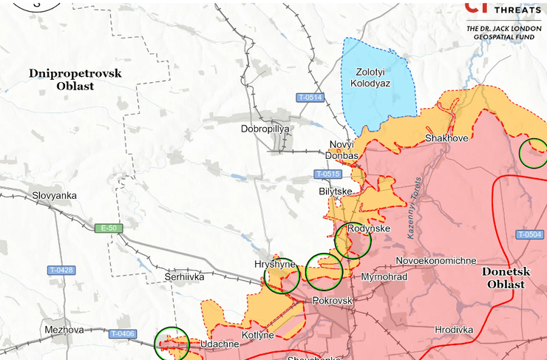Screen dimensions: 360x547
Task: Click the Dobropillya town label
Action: click(265, 129)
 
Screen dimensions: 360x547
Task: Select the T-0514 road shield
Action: click(310, 98)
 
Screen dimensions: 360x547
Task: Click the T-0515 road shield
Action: click(327, 174)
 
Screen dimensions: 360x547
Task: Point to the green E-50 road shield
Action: click(107, 228)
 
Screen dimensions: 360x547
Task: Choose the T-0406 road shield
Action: click(123, 334)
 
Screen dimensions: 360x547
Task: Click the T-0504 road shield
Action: click(530, 234)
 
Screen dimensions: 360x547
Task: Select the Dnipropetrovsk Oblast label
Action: click(75, 79)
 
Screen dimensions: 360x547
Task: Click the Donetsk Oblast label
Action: click(506, 278)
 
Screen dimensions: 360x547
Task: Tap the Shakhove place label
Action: click(446, 138)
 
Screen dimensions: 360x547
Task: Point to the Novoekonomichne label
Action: click(436, 261)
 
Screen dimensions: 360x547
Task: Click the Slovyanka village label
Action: click(55, 196)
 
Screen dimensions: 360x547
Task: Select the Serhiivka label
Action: click(184, 277)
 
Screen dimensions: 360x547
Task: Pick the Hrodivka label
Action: click(454, 330)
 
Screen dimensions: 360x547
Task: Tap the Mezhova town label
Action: click(64, 330)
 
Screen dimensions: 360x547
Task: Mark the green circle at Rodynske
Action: click(353, 240)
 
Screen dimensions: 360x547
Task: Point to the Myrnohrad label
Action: click(384, 277)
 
